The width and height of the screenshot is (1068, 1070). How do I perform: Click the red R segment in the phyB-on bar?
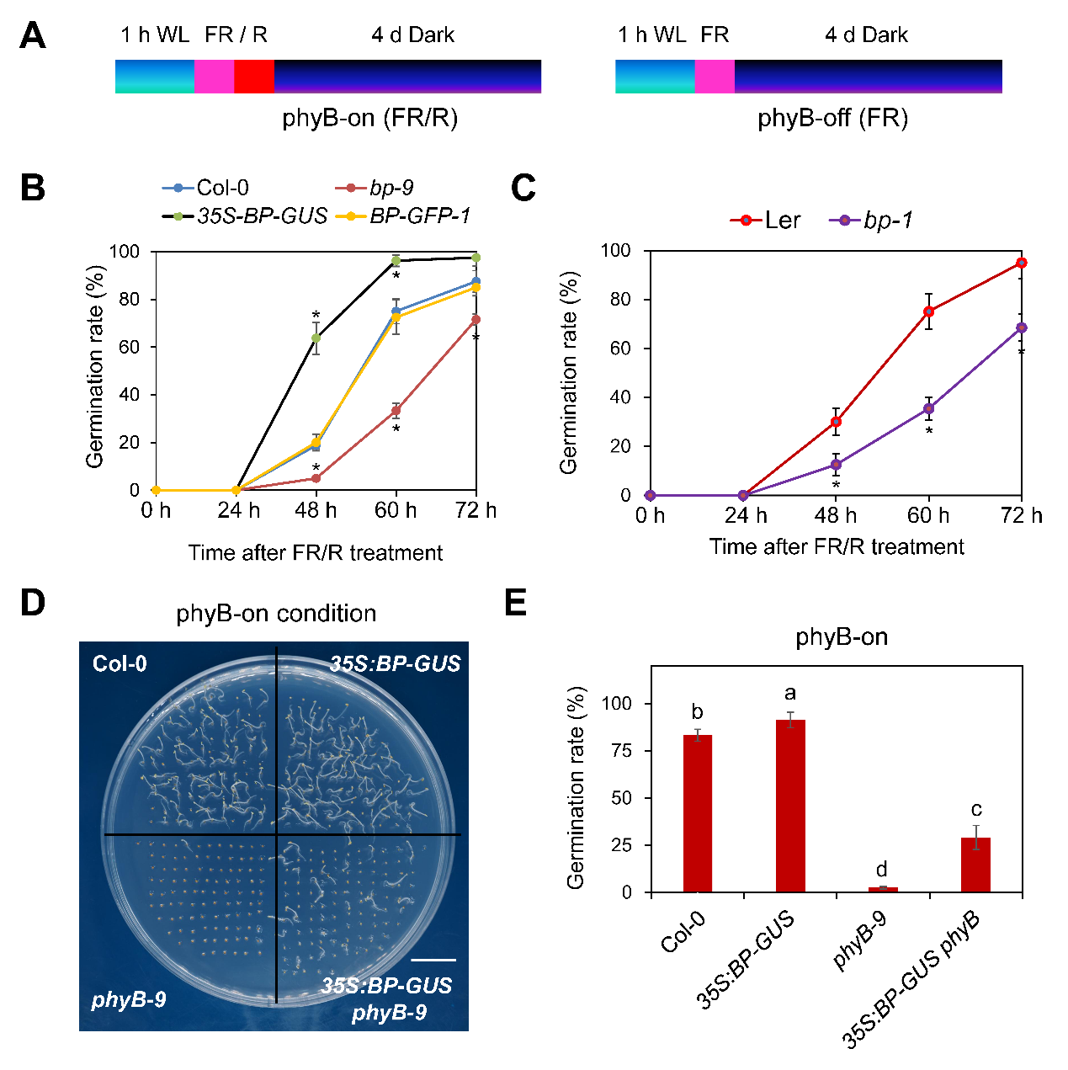point(254,76)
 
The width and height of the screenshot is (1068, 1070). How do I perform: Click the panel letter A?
point(33,35)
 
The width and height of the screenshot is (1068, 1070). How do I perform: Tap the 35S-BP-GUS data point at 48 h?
point(316,338)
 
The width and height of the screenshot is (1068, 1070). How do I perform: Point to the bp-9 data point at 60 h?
point(396,411)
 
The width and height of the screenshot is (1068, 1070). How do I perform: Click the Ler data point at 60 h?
point(929,311)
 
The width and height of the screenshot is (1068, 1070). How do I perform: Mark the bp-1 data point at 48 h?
point(836,464)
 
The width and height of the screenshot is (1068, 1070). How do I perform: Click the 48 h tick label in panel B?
point(316,511)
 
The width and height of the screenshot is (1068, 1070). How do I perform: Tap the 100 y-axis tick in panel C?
point(615,251)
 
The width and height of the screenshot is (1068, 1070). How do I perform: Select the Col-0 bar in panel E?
point(698,813)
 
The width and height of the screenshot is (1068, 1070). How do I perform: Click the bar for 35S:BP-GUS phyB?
point(975,865)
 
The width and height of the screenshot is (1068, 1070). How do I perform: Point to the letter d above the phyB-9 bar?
point(882,870)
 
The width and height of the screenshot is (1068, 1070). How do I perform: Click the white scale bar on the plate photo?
point(434,959)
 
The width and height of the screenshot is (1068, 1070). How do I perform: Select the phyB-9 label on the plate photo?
point(129,1000)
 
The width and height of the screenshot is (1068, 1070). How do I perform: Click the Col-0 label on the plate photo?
point(120,664)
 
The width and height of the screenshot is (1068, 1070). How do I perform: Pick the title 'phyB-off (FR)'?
point(832,118)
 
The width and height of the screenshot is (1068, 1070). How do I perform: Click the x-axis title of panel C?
point(837,547)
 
